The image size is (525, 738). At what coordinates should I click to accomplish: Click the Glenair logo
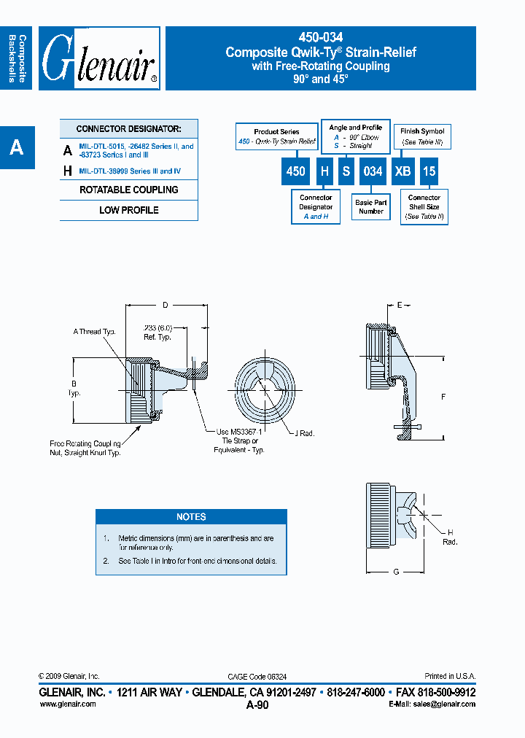point(99,58)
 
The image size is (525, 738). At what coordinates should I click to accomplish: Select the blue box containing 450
point(295,171)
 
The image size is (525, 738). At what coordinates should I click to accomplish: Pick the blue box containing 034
point(373,171)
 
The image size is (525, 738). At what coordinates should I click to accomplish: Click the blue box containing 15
point(429,171)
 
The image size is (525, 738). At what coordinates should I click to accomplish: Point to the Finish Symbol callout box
point(422,136)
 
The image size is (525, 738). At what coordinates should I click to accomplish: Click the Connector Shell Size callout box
point(424,207)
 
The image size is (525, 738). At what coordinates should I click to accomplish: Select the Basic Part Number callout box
point(371,207)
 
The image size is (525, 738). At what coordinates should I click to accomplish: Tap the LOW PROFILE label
point(129,210)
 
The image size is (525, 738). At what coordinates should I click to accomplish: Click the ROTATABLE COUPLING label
point(129,190)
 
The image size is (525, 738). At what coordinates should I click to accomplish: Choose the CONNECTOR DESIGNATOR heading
point(129,128)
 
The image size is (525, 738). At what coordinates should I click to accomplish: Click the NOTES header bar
point(191,516)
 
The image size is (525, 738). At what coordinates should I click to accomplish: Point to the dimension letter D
point(166,304)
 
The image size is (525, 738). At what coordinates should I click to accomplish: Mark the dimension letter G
point(396,572)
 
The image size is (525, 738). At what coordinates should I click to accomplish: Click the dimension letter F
point(443,397)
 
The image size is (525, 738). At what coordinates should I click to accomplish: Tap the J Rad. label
point(304,433)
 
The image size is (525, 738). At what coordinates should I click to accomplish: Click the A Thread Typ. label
point(95,332)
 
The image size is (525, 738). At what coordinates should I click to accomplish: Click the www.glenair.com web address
point(67,704)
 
